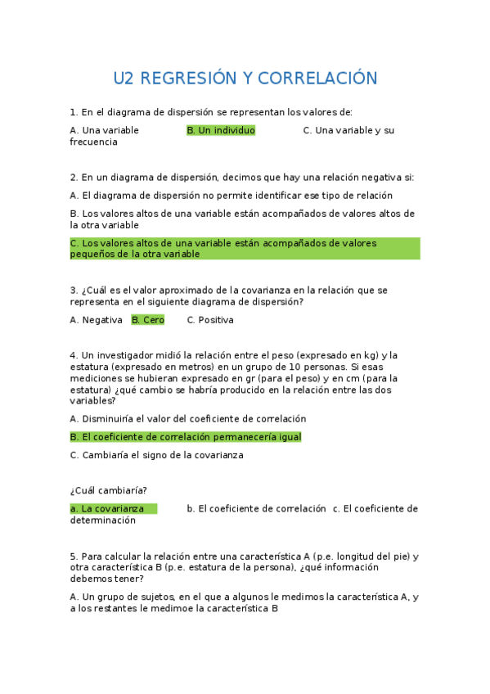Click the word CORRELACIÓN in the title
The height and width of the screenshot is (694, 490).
317,79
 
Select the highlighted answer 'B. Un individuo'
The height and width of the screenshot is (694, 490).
221,130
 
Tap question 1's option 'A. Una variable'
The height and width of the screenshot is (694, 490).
105,130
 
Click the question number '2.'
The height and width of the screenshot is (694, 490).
74,177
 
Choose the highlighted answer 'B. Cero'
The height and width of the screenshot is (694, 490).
148,320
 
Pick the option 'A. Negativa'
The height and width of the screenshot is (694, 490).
97,320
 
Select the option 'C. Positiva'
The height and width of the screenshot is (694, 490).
210,320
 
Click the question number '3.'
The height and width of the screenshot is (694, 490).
74,291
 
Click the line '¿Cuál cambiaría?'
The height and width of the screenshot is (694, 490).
109,490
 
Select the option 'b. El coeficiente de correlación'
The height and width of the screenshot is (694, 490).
256,508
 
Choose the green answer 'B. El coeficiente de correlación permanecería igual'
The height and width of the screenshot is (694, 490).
186,437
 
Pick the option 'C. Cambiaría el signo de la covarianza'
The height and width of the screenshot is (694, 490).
156,455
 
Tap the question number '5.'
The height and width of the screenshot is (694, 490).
74,557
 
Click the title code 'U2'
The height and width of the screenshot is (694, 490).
124,79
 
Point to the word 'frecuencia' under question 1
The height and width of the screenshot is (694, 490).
94,142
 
